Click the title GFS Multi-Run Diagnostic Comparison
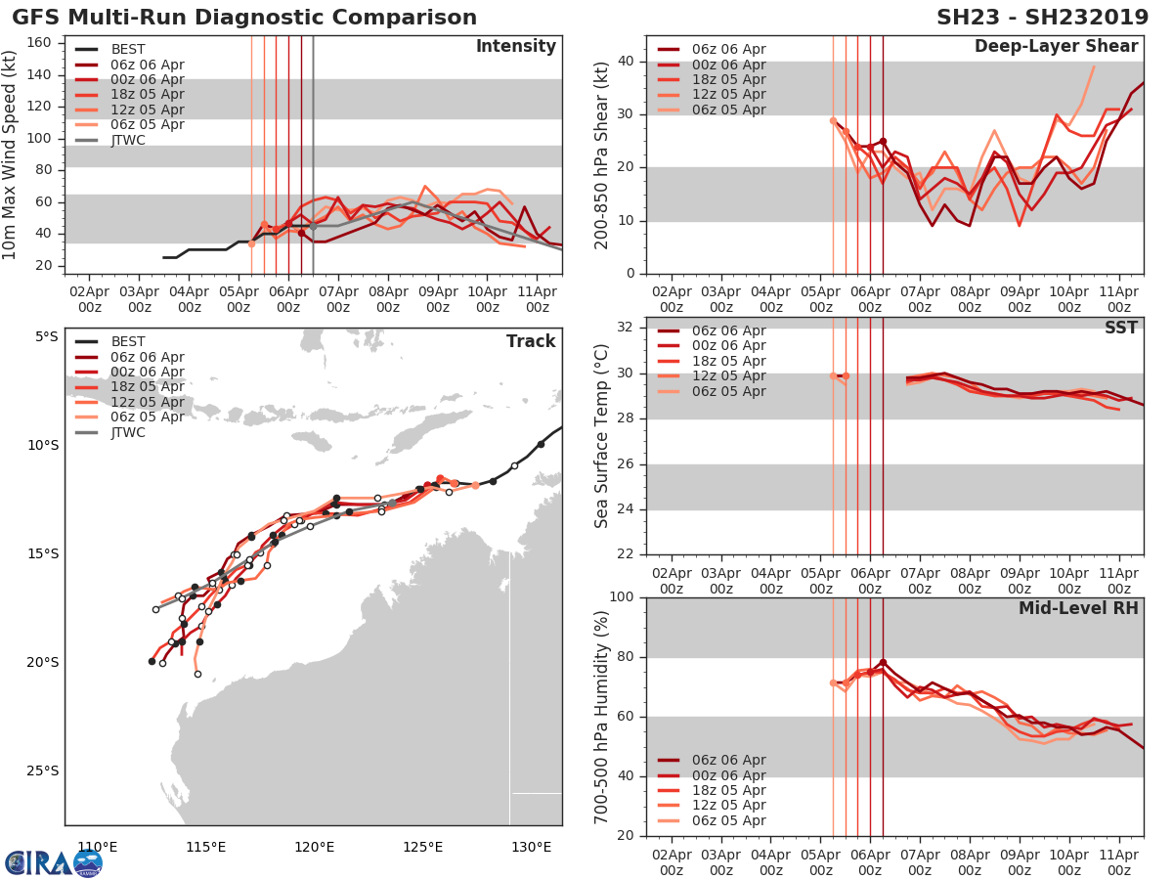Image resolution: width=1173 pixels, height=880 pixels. [x=244, y=18]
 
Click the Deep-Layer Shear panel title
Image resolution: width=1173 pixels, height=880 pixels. [x=1056, y=47]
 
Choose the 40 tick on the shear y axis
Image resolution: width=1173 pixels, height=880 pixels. [x=626, y=62]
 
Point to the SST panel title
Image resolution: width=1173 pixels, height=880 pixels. [x=1120, y=328]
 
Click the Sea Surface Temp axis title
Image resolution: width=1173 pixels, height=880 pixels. [x=602, y=436]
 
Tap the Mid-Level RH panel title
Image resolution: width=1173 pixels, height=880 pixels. [x=1078, y=608]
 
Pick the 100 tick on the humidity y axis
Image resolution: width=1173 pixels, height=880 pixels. [x=621, y=596]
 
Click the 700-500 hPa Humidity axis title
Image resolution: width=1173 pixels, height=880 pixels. [x=602, y=716]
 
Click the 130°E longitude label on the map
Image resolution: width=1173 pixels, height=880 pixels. [x=531, y=847]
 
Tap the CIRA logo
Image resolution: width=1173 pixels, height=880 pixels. [x=53, y=862]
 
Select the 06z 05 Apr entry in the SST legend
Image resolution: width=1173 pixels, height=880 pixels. [x=728, y=392]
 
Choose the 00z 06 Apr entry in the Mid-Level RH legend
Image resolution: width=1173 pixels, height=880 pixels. [x=728, y=775]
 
